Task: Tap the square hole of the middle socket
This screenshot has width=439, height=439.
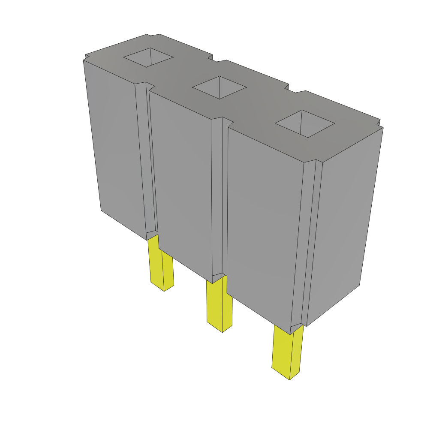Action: click(219, 87)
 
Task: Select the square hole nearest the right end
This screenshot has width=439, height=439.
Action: click(304, 123)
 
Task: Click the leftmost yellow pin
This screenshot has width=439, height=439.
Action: click(160, 264)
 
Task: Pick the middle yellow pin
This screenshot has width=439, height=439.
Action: click(219, 304)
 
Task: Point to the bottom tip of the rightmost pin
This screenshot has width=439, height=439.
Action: click(289, 379)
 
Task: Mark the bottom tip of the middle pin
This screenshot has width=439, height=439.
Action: click(222, 331)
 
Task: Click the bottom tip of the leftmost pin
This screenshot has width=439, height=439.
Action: click(164, 290)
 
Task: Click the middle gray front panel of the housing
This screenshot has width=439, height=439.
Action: click(182, 184)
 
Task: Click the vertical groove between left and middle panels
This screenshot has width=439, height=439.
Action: click(146, 159)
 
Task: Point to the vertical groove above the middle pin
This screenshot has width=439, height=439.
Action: click(218, 197)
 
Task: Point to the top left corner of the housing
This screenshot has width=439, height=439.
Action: click(85, 57)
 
